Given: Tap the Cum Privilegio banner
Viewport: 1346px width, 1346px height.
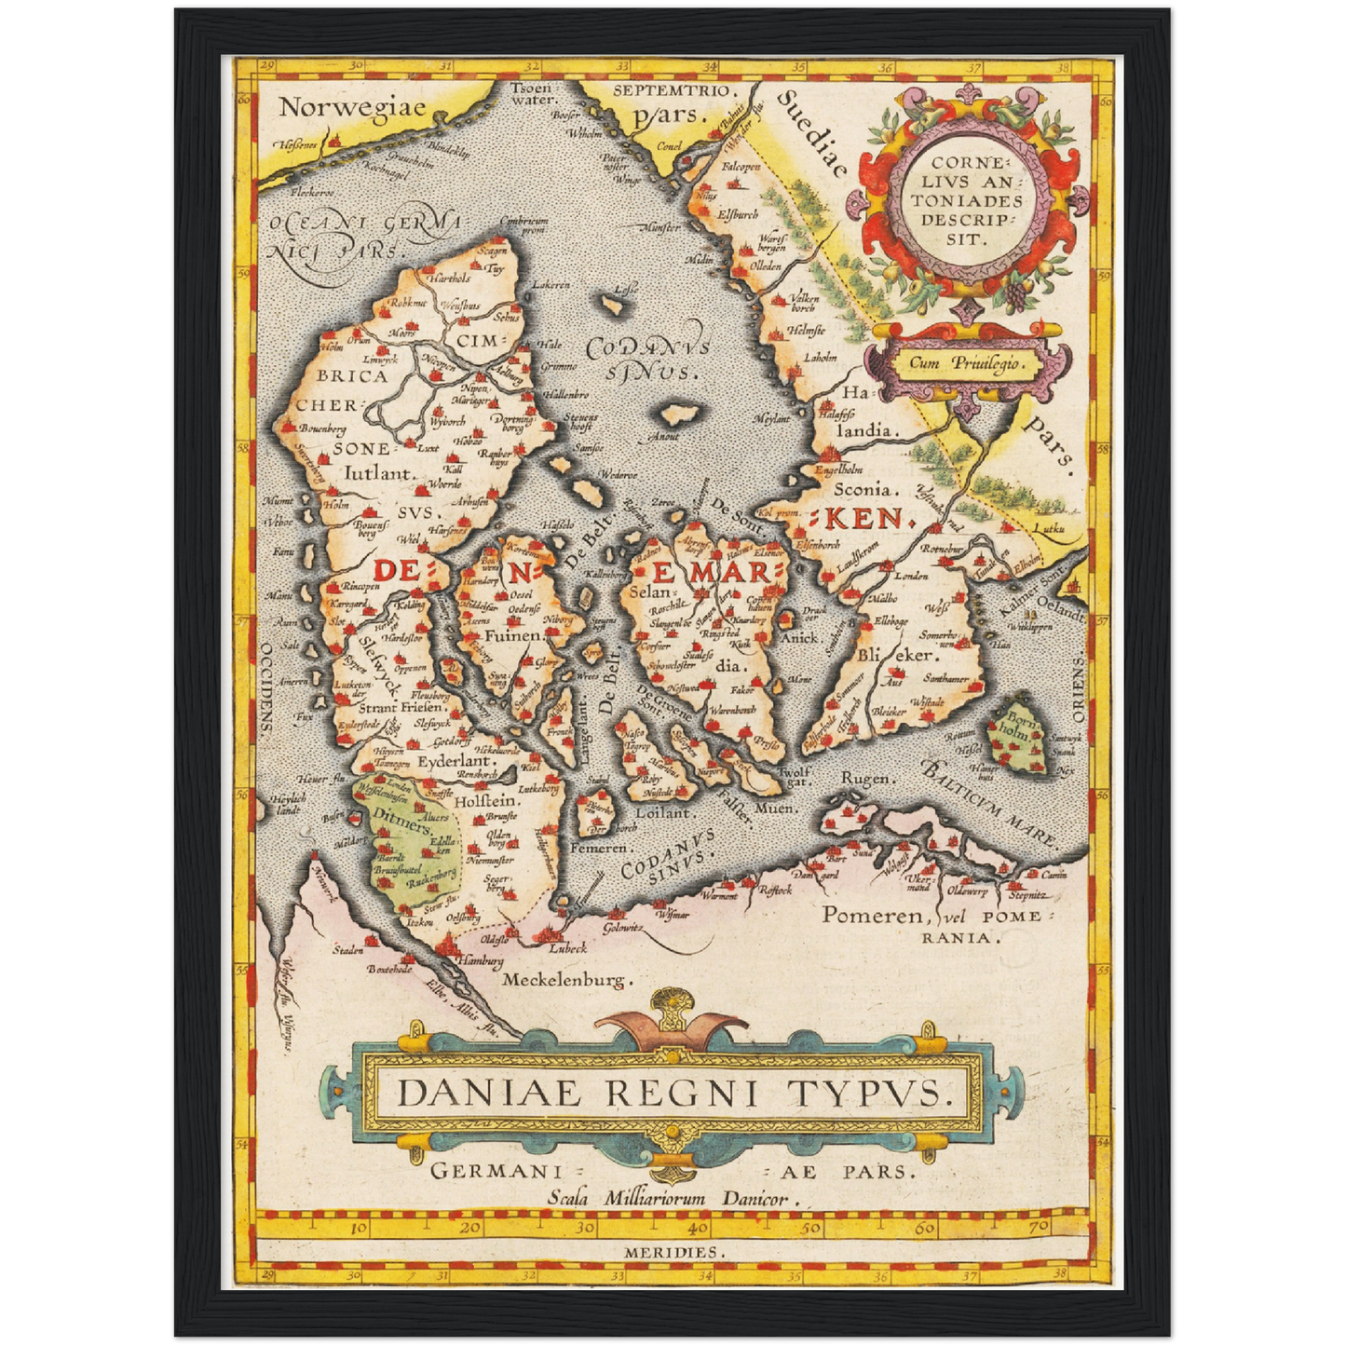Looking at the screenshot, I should point(965,363).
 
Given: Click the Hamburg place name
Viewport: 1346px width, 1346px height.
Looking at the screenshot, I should point(479,960).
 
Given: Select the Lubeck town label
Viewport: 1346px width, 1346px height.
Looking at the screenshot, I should point(567,948).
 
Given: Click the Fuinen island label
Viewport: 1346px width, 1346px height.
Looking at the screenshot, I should point(513,636).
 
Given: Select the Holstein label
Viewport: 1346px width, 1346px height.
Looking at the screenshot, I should point(485,800).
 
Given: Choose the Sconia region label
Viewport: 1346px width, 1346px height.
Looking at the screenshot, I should point(865,488).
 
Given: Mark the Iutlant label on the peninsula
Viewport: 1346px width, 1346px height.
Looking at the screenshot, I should point(378,473).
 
